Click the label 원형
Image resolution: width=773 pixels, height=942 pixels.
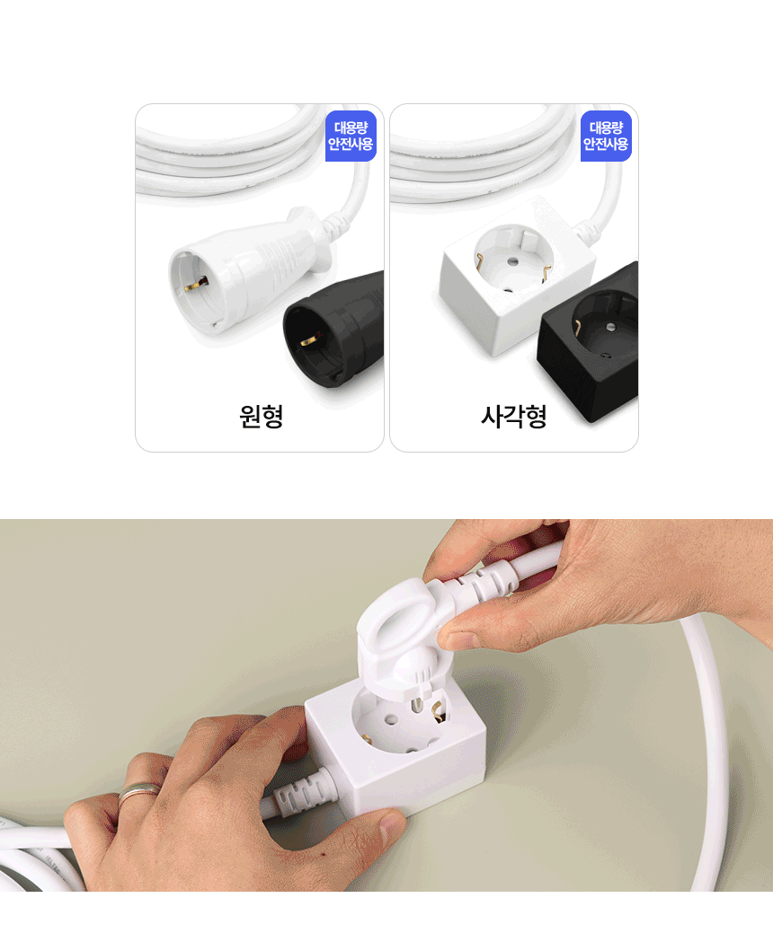coord(262,417)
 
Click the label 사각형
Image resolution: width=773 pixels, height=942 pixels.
coord(514,417)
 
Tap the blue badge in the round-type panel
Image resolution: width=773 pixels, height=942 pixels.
coord(351,136)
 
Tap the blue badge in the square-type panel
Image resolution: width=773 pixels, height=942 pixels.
coord(606,136)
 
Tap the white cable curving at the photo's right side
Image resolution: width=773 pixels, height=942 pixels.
coord(710,718)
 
